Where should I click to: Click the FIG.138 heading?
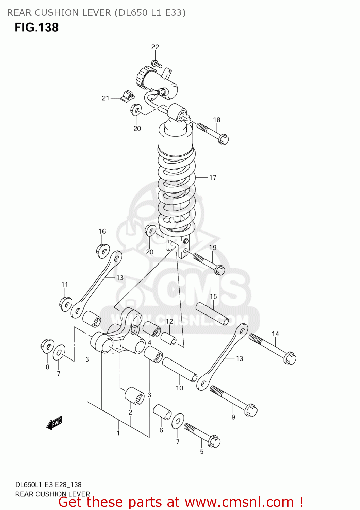pyautogui.click(x=36, y=28)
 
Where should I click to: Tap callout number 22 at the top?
pyautogui.click(x=155, y=47)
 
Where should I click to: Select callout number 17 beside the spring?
pyautogui.click(x=213, y=177)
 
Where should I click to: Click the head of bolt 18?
pyautogui.click(x=223, y=139)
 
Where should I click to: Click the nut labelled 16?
pyautogui.click(x=102, y=251)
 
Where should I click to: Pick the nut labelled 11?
pyautogui.click(x=66, y=304)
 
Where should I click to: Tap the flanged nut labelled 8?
pyautogui.click(x=47, y=346)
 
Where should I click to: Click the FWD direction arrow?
pyautogui.click(x=54, y=423)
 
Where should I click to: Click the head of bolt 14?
pyautogui.click(x=290, y=358)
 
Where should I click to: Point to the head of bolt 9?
pyautogui.click(x=251, y=410)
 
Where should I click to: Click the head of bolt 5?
pyautogui.click(x=214, y=441)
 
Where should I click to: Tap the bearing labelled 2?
pyautogui.click(x=134, y=395)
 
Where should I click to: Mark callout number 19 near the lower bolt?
pyautogui.click(x=213, y=248)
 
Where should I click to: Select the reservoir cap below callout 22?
pyautogui.click(x=142, y=77)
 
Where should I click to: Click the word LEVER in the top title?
pyautogui.click(x=96, y=13)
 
